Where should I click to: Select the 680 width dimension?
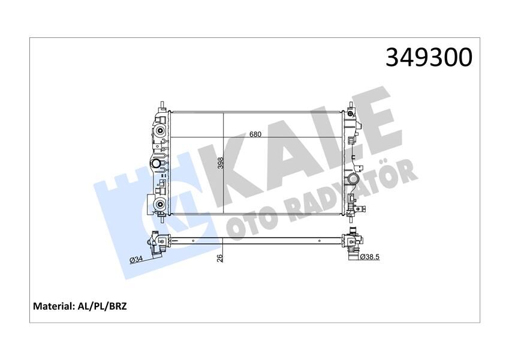tap(255, 134)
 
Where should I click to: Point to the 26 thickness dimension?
tap(220, 258)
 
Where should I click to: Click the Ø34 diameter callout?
tap(136, 259)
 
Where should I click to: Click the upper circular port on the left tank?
tap(160, 132)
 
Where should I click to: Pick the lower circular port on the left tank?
tap(160, 205)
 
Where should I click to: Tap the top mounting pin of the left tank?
tap(161, 106)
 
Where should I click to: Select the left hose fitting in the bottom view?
tap(157, 243)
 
